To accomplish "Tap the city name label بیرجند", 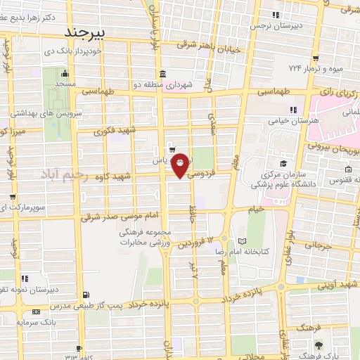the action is pos(84,32).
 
